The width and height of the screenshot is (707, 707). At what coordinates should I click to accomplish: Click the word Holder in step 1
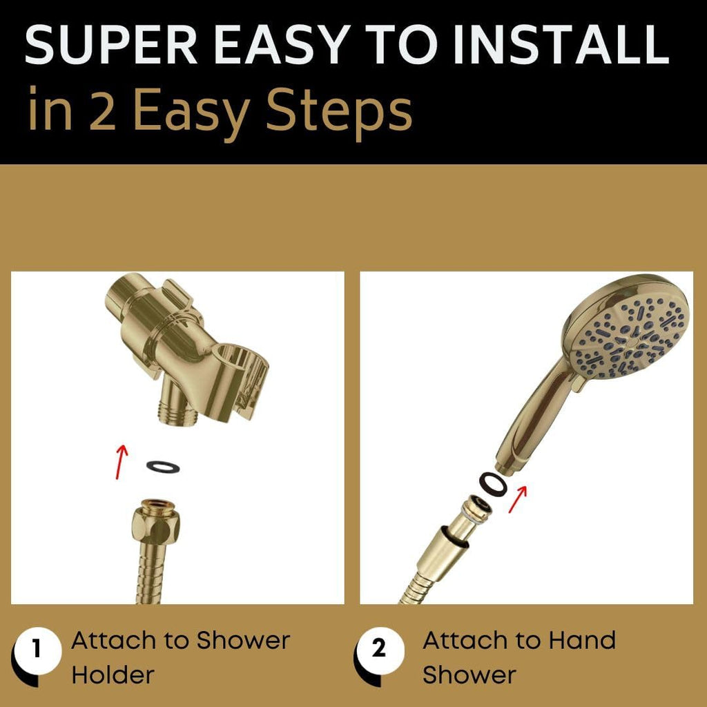point(113,675)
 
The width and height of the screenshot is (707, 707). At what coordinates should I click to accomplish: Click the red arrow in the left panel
point(122,461)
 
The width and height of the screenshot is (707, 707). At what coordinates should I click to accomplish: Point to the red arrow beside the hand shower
point(518,498)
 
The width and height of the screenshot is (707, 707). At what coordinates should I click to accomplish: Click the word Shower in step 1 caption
point(244,641)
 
